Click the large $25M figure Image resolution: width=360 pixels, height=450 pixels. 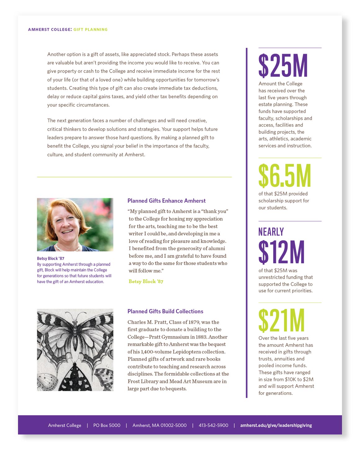click(x=283, y=66)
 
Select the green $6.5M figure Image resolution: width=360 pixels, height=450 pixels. click(x=285, y=176)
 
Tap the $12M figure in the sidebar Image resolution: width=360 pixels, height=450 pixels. click(x=281, y=252)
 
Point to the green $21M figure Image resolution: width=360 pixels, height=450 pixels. click(x=281, y=321)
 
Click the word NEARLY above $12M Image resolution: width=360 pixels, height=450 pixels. click(x=271, y=232)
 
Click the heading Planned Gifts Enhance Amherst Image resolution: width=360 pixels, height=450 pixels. click(x=166, y=201)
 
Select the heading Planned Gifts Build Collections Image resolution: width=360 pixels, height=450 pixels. click(x=165, y=311)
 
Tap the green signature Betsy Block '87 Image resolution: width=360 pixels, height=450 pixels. click(x=146, y=281)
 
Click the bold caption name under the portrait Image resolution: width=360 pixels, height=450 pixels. click(x=51, y=259)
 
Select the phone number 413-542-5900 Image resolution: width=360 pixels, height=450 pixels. click(x=213, y=425)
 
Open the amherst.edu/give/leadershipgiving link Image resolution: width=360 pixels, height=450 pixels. click(x=276, y=425)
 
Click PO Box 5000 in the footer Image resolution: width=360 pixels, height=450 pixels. click(x=107, y=425)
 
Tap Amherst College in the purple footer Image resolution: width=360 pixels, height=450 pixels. click(x=65, y=425)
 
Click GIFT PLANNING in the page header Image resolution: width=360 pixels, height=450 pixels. click(x=90, y=29)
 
